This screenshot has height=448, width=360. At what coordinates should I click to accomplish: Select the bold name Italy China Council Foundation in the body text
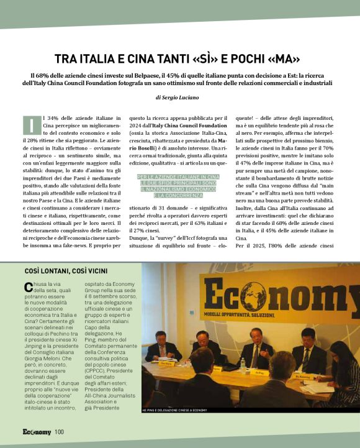[185, 126]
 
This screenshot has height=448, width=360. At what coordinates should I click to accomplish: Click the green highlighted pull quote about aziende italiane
[178, 186]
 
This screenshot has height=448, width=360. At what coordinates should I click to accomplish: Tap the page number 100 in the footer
[59, 432]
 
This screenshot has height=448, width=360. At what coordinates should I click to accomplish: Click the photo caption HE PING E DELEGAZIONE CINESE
[174, 411]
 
